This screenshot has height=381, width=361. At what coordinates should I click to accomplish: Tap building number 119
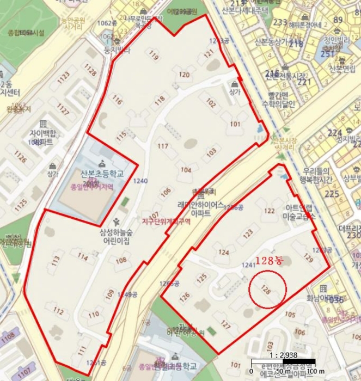(x=153, y=56)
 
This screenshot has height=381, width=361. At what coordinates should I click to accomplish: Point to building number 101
(x=235, y=124)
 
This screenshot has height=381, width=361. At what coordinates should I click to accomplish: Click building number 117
(x=163, y=146)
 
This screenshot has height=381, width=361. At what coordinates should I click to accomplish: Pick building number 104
(x=186, y=170)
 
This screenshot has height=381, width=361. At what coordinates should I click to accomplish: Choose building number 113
(x=56, y=261)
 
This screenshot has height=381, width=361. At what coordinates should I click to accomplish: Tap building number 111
(x=82, y=349)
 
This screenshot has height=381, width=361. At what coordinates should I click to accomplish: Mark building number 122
(x=269, y=211)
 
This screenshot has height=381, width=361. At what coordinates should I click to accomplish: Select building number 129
(x=308, y=257)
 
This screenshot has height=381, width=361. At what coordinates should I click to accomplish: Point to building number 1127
(x=63, y=112)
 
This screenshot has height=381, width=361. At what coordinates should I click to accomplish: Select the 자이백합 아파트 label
(x=42, y=137)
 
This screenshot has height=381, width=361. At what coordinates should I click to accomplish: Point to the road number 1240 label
(x=140, y=181)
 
